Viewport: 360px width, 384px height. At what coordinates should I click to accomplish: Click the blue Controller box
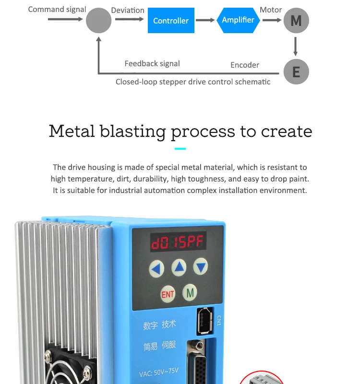tap(171, 21)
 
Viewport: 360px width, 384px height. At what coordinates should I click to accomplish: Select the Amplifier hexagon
tap(238, 20)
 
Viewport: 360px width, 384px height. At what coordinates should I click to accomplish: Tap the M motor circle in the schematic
tap(296, 21)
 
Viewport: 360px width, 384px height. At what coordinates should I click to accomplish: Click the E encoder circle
tap(296, 72)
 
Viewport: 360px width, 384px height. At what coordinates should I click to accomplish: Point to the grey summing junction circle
tap(98, 21)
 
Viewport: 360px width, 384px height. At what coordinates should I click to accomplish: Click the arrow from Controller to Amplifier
tap(205, 20)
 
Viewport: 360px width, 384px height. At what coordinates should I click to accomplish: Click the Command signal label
tap(57, 9)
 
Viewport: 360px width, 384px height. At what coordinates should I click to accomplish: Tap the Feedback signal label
tap(152, 63)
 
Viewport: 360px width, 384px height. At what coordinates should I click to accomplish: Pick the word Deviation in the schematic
tap(128, 10)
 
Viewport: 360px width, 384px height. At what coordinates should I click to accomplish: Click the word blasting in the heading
tap(133, 131)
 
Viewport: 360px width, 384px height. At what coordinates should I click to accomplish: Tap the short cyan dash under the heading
tap(180, 149)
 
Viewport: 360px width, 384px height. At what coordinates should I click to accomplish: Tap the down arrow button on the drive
tap(201, 266)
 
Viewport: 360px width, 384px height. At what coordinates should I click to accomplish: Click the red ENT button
tap(168, 294)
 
